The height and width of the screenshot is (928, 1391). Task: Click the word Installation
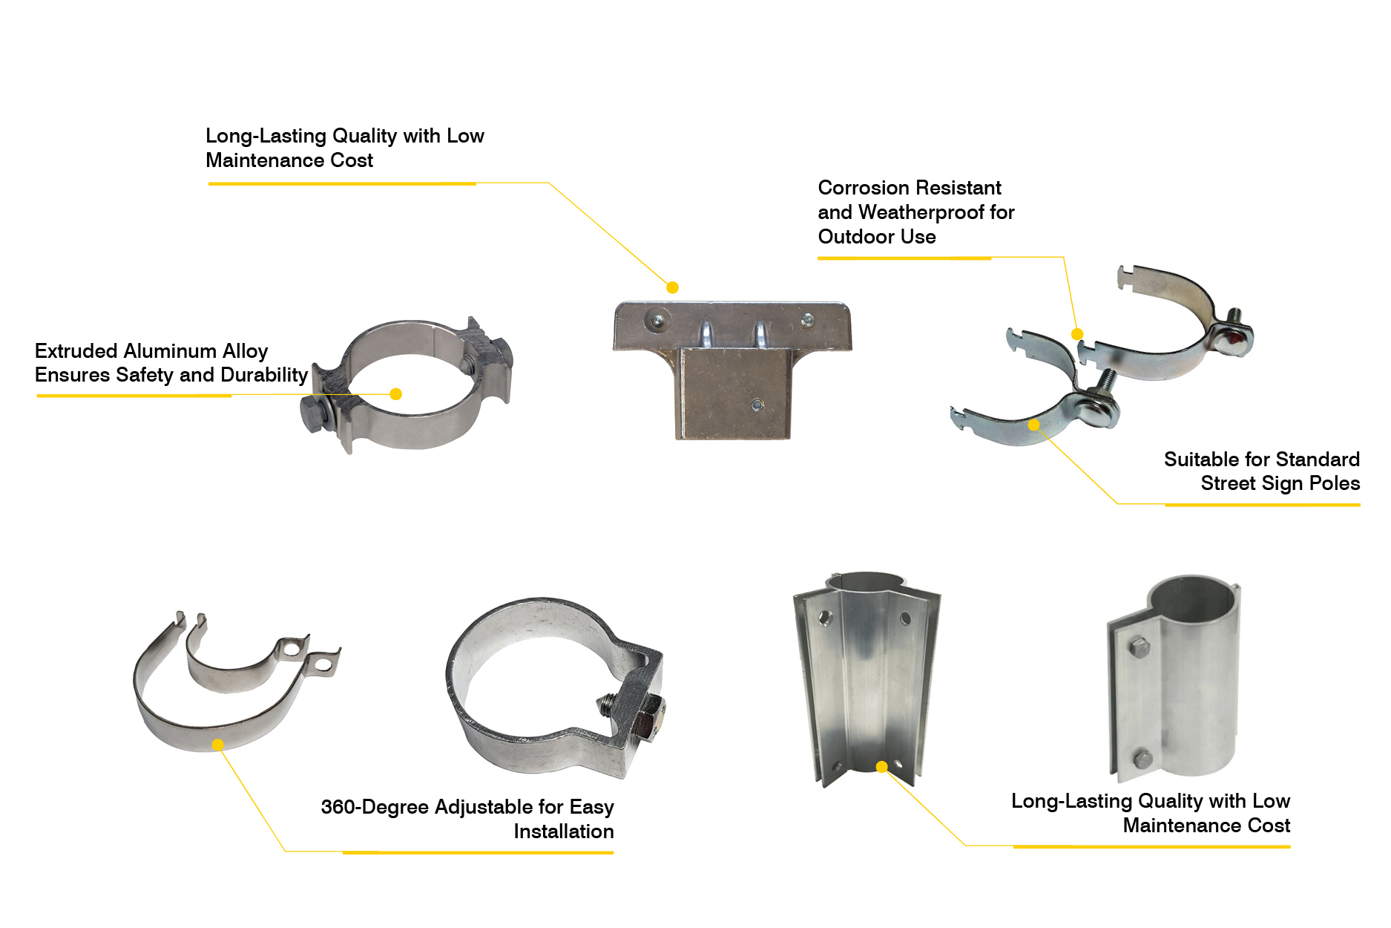(x=564, y=831)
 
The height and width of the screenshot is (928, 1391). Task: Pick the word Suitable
(x=1198, y=459)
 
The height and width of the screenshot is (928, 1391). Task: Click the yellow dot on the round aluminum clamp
(x=395, y=394)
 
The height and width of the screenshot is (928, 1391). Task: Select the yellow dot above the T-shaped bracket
(x=672, y=287)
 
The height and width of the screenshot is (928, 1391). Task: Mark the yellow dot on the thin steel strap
(x=217, y=745)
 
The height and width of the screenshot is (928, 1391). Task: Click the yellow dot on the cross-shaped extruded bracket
(x=881, y=767)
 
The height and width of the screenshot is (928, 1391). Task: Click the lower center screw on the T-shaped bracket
(x=757, y=405)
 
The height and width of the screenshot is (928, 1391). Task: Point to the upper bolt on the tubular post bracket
(x=1139, y=648)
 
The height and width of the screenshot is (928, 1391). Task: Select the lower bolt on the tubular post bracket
(x=1142, y=759)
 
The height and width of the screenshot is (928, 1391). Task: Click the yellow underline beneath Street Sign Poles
(x=1263, y=505)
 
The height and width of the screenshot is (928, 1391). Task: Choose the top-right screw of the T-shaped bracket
(x=807, y=320)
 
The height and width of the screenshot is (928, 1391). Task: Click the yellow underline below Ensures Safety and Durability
(x=134, y=396)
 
